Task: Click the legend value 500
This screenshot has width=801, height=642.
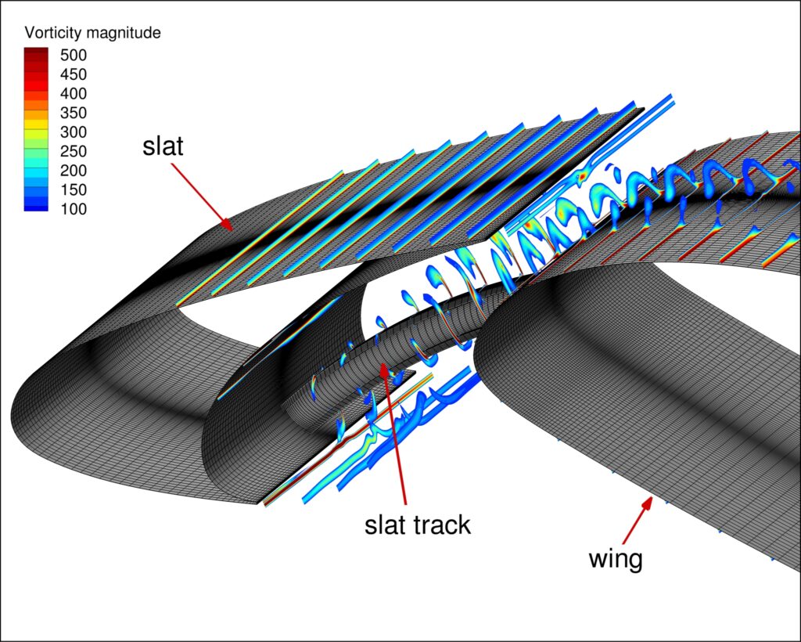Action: pyautogui.click(x=76, y=56)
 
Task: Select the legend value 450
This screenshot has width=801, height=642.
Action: pyautogui.click(x=76, y=74)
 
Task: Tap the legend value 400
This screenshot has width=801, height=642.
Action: pyautogui.click(x=76, y=94)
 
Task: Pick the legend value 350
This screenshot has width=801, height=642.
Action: pyautogui.click(x=76, y=113)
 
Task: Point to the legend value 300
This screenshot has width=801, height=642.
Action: pyautogui.click(x=76, y=132)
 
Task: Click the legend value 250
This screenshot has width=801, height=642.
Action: pyautogui.click(x=76, y=151)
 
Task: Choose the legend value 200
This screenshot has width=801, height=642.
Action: pyautogui.click(x=76, y=171)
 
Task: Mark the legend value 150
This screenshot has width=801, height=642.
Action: pyautogui.click(x=76, y=189)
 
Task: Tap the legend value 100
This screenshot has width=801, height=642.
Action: pyautogui.click(x=76, y=209)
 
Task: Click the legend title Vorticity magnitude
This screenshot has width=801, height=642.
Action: pyautogui.click(x=93, y=33)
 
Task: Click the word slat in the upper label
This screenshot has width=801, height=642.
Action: pyautogui.click(x=163, y=146)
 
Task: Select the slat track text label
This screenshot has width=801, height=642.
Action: pyautogui.click(x=418, y=524)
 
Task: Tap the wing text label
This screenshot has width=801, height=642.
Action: pyautogui.click(x=615, y=558)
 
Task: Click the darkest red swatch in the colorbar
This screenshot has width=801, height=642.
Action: pyautogui.click(x=37, y=52)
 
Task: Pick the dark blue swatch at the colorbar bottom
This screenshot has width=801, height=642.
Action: pyautogui.click(x=37, y=206)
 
